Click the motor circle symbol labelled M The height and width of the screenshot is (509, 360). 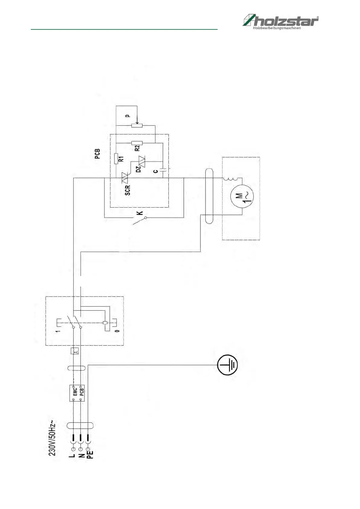coord(242,196)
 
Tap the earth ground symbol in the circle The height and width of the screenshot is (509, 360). coord(228,365)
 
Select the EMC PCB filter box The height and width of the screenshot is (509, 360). coord(77,393)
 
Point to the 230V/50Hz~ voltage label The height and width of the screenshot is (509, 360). coord(52,437)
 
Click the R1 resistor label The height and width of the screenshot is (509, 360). coord(121,159)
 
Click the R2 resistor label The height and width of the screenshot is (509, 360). coord(137,148)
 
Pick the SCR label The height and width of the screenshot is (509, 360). coord(128,190)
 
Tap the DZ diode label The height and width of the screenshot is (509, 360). coord(138,169)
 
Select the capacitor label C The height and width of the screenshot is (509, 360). coord(156,171)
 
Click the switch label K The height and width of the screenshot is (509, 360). coord(140,213)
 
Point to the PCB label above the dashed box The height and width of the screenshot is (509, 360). coord(97,154)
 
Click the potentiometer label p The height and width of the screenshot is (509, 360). coord(128,115)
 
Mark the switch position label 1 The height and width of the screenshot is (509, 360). coord(58,331)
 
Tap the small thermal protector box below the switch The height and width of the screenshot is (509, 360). coord(75,351)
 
